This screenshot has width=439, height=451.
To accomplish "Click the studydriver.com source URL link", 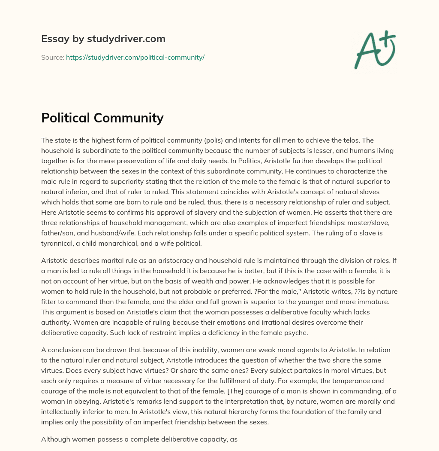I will click(135, 57).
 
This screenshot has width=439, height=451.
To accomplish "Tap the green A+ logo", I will click(374, 49).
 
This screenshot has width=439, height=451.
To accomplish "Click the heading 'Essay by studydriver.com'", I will click(103, 39).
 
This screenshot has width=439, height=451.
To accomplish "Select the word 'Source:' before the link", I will click(53, 57).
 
